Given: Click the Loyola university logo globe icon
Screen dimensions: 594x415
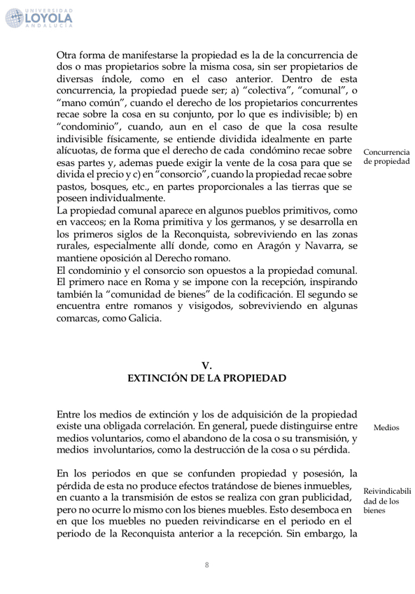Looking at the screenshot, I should click(x=15, y=18).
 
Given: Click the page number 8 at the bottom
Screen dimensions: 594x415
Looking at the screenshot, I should click(x=207, y=565).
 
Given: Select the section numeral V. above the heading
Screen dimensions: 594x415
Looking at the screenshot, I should click(x=206, y=365).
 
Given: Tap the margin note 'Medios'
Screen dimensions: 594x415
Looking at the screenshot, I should click(x=386, y=427).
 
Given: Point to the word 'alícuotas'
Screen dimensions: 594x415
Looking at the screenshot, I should click(x=78, y=151).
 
